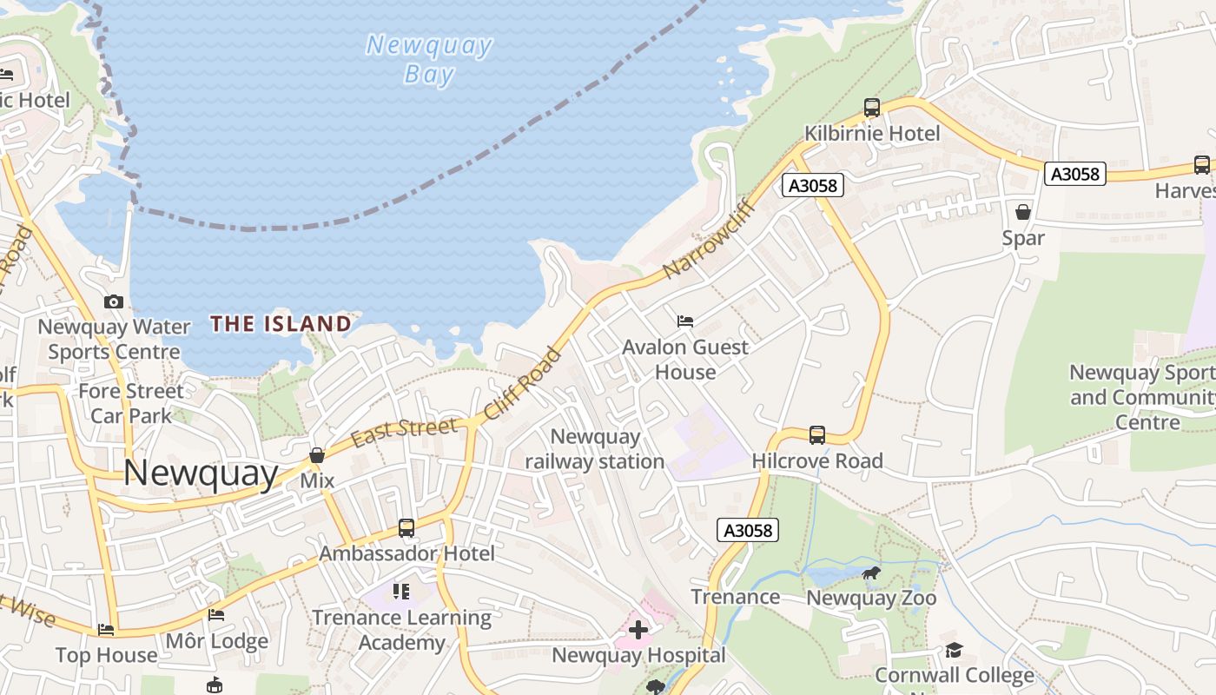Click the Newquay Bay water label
click(x=429, y=59)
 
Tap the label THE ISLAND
click(x=281, y=324)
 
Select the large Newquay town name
click(x=201, y=473)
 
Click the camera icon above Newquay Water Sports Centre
click(x=114, y=302)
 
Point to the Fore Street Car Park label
click(x=131, y=403)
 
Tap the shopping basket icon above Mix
click(x=317, y=455)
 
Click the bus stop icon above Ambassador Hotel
click(x=406, y=527)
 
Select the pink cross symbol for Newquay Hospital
click(x=638, y=630)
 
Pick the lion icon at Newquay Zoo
click(x=871, y=573)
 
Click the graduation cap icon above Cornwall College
click(x=954, y=650)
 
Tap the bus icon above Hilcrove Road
click(x=817, y=435)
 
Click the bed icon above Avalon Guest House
click(x=685, y=321)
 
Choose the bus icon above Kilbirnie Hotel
click(x=872, y=109)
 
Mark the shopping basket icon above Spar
click(x=1023, y=212)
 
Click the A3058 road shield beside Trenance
click(x=748, y=530)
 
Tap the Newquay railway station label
click(x=595, y=449)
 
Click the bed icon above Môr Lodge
click(x=216, y=615)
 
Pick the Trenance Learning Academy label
click(x=401, y=630)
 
